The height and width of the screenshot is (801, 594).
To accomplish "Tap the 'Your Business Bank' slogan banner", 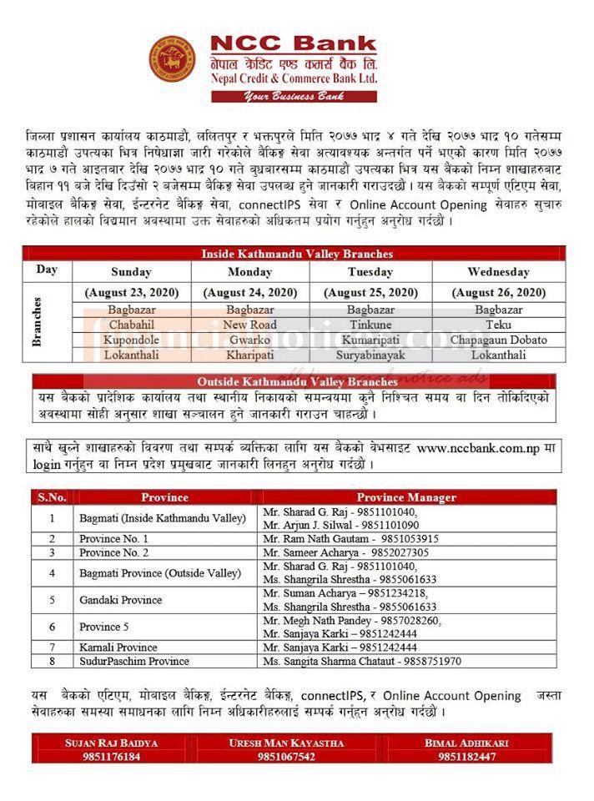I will tap(294, 96).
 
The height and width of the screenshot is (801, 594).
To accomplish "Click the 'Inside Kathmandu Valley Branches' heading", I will tap(297, 254).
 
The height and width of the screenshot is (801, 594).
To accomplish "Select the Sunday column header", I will tap(131, 272).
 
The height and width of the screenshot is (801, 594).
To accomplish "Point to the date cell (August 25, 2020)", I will tap(370, 293).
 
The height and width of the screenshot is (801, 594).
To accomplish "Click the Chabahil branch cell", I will tap(131, 325).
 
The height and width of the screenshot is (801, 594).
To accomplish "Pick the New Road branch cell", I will tap(249, 325).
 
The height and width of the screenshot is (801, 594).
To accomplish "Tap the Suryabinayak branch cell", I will tap(370, 355).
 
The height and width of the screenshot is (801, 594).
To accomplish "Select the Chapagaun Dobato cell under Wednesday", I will tap(498, 340).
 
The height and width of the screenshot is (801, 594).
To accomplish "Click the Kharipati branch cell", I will tap(249, 355).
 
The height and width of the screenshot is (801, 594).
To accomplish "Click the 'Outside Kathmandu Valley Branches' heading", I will tap(297, 381).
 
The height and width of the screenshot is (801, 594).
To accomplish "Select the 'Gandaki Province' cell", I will tap(121, 600).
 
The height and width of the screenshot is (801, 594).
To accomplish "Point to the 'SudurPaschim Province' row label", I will tap(134, 661).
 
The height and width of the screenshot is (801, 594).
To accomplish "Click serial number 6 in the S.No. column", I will tap(52, 627).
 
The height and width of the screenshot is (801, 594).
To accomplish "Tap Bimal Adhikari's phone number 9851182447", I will tap(466, 757).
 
